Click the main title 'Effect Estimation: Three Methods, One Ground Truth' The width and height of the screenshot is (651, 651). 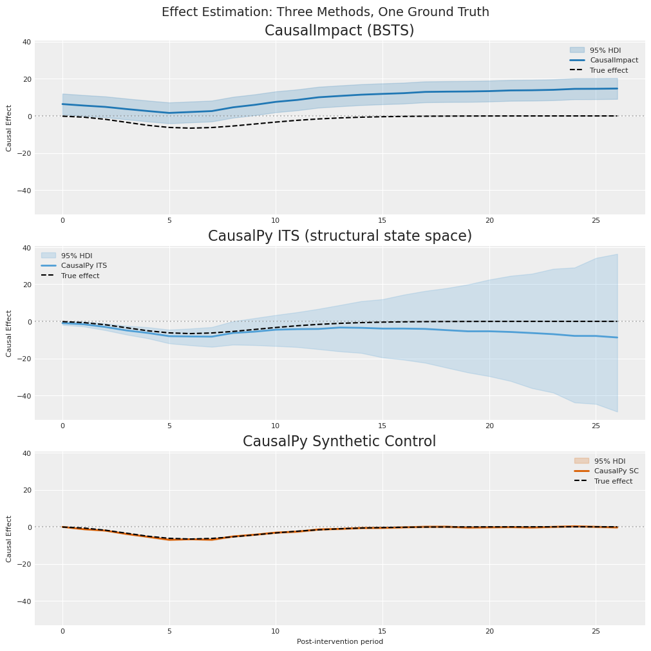coord(325,12)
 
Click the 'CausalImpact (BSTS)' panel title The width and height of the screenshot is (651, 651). coord(339,31)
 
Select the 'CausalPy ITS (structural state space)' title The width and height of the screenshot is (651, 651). coord(339,236)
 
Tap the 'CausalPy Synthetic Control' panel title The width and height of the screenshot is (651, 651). coord(339,442)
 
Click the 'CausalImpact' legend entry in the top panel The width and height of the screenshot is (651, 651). coord(614,60)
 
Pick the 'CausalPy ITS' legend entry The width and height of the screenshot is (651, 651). coord(84,265)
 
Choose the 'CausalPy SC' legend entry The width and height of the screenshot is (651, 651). coord(616,471)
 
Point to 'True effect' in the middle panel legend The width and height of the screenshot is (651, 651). coord(80,276)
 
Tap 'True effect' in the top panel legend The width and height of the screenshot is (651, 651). coord(609,70)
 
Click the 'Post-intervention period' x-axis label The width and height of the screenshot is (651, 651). coord(339,641)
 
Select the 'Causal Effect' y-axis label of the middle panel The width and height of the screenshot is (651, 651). coord(9,334)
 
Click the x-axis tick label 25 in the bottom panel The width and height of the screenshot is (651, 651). coord(596,631)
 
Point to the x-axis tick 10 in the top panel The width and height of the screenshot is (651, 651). coord(276,220)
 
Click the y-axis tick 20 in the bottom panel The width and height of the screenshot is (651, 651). coord(27,490)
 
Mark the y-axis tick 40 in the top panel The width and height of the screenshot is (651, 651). coord(27,42)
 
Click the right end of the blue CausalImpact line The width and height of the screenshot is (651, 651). coord(617,89)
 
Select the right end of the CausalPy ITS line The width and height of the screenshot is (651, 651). coord(617,337)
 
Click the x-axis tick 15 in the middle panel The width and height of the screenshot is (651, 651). coord(382,426)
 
